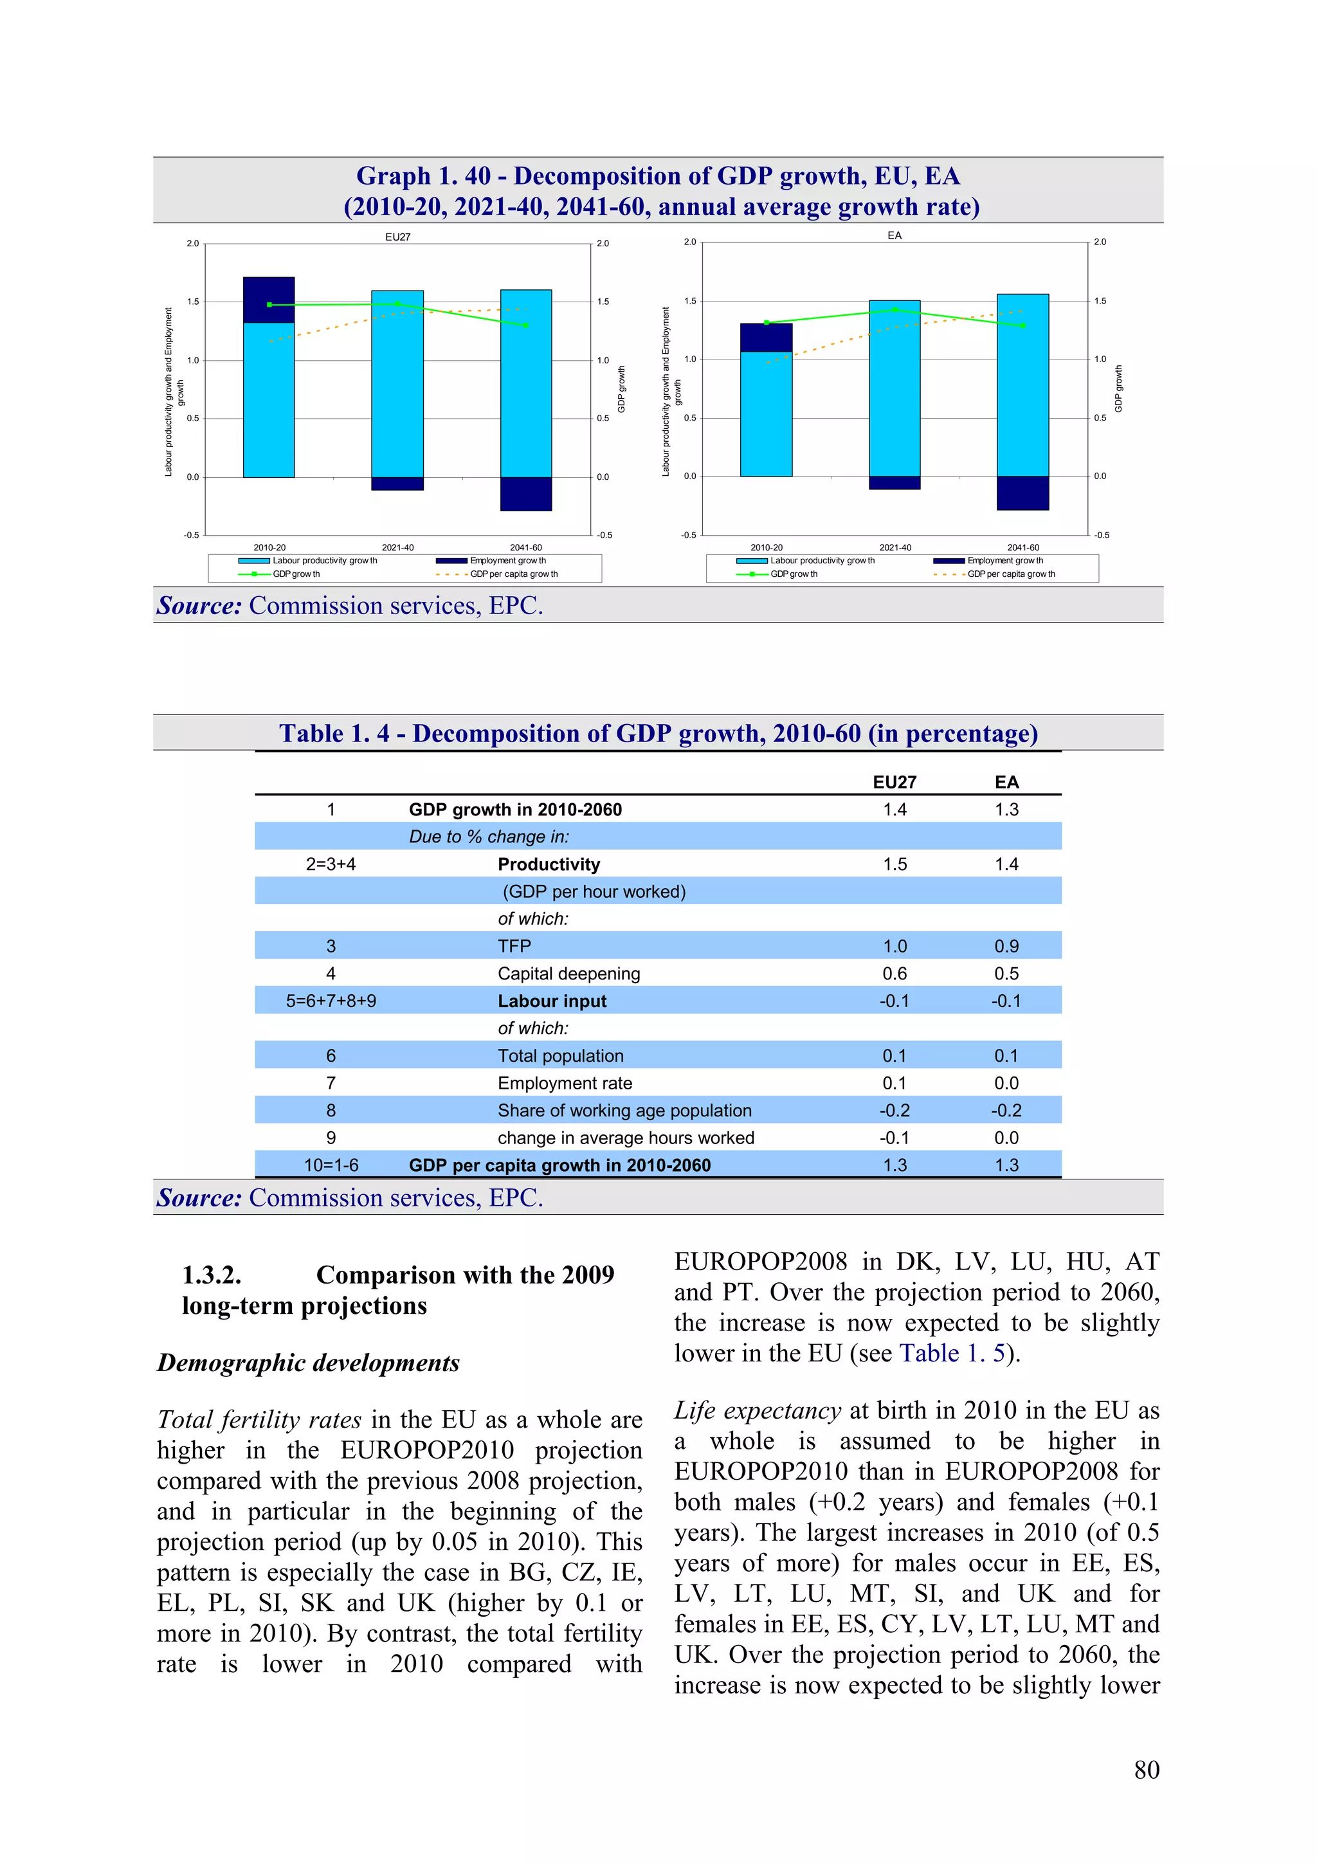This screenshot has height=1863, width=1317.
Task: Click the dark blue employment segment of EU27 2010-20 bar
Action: coord(269,300)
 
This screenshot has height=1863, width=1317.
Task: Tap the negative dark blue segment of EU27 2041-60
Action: coord(526,493)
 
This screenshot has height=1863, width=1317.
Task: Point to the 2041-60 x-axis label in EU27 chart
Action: coord(526,548)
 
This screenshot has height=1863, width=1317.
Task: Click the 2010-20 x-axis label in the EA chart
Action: coord(766,548)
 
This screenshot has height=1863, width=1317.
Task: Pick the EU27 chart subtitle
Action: coord(397,237)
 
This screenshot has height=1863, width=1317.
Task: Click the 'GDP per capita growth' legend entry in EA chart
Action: coord(1010,574)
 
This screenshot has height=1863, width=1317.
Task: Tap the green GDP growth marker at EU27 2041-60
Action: coord(526,325)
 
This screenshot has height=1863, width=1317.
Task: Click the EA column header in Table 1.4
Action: coord(1006,782)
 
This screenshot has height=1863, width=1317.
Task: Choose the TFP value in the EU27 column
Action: coord(895,946)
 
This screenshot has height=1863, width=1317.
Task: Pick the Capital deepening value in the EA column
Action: coord(1006,974)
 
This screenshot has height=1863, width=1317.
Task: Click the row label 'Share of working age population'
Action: coord(624,1110)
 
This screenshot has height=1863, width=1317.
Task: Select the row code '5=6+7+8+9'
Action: coord(331,1001)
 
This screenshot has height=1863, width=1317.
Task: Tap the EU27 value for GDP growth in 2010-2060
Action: coord(895,810)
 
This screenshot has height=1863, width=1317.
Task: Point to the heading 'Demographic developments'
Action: coord(309,1363)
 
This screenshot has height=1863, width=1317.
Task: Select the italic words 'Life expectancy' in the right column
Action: coord(757,1410)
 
